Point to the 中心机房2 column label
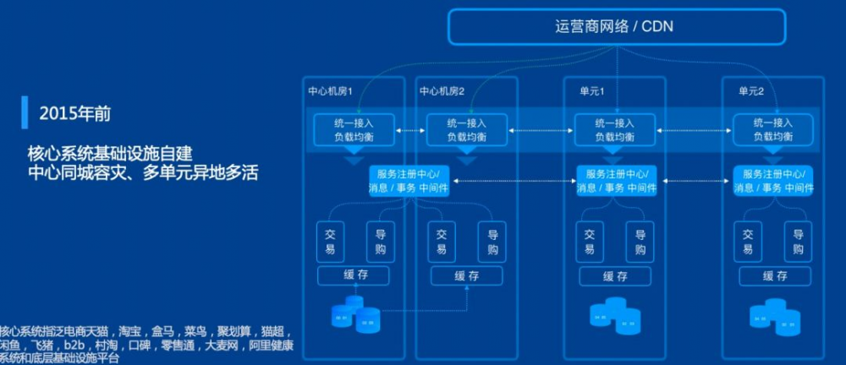(442, 90)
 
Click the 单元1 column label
(591, 90)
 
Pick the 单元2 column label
(750, 90)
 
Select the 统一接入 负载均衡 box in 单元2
(772, 129)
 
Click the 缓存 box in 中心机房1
(354, 276)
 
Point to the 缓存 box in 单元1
(615, 276)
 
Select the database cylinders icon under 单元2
(774, 314)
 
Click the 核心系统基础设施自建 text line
(110, 155)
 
